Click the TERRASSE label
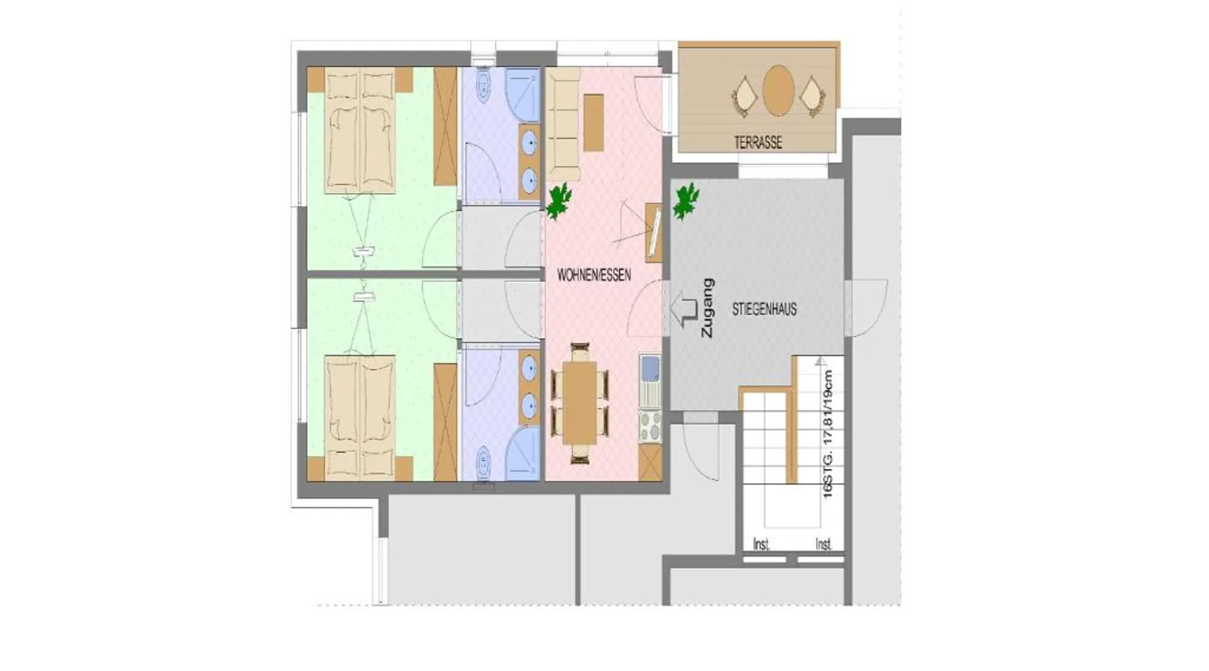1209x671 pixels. tap(758, 142)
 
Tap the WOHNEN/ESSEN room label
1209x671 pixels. tap(594, 275)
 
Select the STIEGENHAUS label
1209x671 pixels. tap(764, 309)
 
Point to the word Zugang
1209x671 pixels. tap(707, 308)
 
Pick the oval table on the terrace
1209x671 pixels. tap(778, 91)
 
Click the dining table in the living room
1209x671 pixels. tap(579, 403)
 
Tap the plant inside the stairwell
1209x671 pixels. tap(686, 201)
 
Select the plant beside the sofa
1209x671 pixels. tap(559, 201)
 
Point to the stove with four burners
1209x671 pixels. tap(650, 426)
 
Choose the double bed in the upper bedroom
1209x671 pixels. tap(359, 130)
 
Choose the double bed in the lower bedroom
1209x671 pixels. tap(359, 419)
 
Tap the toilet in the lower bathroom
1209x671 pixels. tap(482, 463)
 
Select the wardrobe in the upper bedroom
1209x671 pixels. tap(445, 126)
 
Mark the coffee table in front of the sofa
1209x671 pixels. tap(593, 123)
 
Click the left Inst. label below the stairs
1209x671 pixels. tap(761, 544)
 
